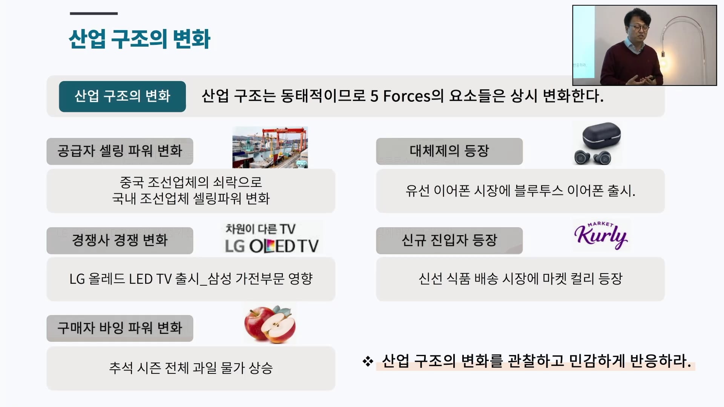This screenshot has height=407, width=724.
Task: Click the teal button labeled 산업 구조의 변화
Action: [122, 96]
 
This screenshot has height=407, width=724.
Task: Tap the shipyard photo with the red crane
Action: [270, 147]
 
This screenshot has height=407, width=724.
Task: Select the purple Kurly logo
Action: [601, 235]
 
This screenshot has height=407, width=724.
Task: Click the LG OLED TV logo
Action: [271, 246]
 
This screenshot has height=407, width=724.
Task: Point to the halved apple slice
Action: [279, 326]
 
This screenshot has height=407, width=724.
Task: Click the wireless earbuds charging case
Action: [601, 135]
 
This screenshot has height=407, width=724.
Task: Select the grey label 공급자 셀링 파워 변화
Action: [120, 151]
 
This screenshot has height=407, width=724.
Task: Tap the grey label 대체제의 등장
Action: [449, 151]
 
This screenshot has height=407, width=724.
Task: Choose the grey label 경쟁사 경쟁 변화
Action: [120, 240]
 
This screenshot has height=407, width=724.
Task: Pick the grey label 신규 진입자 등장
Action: [449, 240]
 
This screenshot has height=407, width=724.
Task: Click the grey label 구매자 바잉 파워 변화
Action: [120, 328]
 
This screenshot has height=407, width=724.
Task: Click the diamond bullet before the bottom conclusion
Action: [368, 361]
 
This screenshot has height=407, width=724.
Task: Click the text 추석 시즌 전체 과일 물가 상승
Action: [191, 368]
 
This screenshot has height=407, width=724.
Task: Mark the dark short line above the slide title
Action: [94, 14]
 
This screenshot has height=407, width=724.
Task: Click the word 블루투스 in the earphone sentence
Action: [538, 191]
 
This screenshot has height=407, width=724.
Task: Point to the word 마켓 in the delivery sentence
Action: [554, 279]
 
